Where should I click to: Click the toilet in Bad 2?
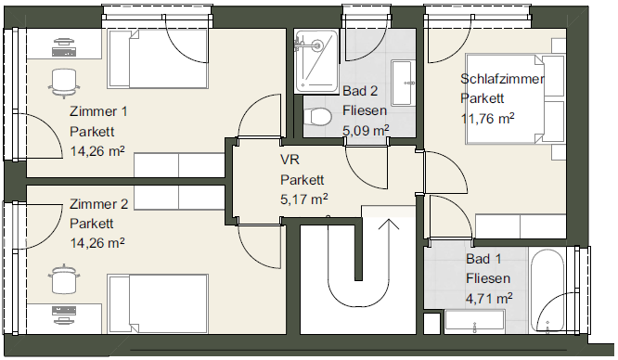pos(317,117)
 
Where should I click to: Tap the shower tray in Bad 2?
pos(316,61)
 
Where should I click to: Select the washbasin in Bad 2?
pos(403,83)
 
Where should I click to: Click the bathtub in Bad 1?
pos(547,290)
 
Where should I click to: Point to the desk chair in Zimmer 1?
pos(63,83)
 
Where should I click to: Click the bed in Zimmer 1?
pos(158,58)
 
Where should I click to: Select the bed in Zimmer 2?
pos(158,303)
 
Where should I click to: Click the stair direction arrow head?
pos(389,224)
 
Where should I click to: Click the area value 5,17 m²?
pos(303,199)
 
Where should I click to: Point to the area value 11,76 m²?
pos(487,118)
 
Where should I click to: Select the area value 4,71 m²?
pos(489,299)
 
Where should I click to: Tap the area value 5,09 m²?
pos(366,130)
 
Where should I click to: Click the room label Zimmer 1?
pos(98,111)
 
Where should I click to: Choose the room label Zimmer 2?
pos(99,204)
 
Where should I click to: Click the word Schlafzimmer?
pos(502,79)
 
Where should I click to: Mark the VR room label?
pos(290,160)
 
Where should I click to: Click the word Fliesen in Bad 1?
pos(488,278)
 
